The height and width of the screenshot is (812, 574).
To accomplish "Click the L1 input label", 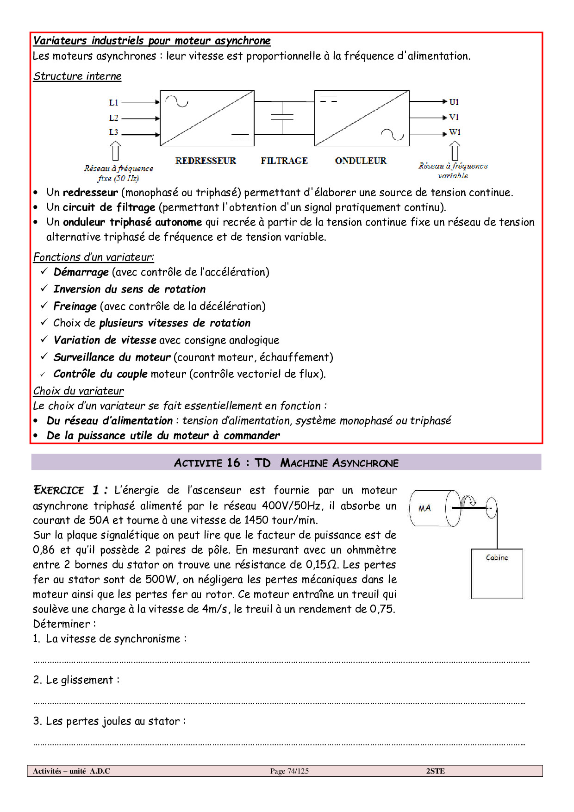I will (x=114, y=102).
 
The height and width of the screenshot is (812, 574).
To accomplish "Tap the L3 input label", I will (x=114, y=132).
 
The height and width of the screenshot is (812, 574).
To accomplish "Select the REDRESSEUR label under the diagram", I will (x=206, y=161).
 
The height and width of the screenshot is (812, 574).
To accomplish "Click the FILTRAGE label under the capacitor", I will (x=284, y=161).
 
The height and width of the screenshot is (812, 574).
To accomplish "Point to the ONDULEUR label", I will (x=361, y=161).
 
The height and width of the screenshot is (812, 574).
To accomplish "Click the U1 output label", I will (x=454, y=102).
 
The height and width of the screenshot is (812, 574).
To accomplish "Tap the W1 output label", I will (x=455, y=132).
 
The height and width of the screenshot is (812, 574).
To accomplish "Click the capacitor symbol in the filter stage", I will (x=282, y=117).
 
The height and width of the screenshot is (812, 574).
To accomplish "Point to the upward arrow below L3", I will (x=116, y=151).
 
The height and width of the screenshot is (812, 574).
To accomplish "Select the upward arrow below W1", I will (x=455, y=151).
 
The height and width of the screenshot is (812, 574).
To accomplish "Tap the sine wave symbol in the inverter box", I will (x=392, y=134).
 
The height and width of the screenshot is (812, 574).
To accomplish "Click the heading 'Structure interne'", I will (x=77, y=76).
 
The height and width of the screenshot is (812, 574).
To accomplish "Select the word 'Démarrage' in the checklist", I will (x=81, y=272).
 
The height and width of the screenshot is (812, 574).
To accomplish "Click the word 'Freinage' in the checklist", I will (x=75, y=306).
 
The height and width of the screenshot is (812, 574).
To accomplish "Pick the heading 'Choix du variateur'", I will (x=78, y=391).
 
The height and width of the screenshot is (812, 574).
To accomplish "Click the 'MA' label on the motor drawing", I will (x=424, y=508).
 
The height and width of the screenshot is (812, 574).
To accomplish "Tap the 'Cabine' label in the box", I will (x=497, y=558).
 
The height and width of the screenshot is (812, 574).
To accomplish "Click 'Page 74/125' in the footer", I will (x=289, y=771).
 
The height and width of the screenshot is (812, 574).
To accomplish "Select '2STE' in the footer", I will (x=435, y=771).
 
